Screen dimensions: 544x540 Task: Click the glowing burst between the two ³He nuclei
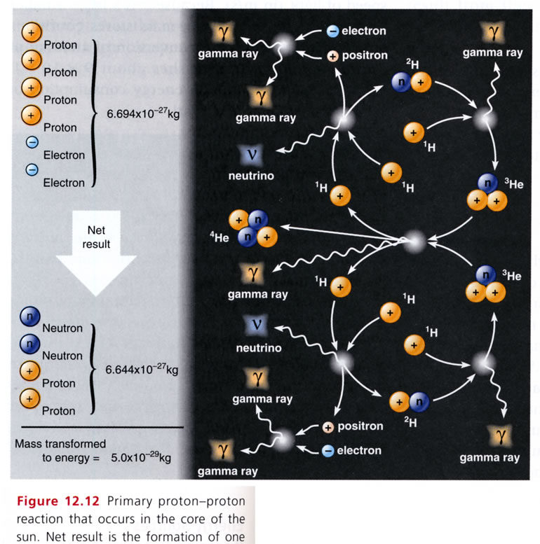click(x=415, y=243)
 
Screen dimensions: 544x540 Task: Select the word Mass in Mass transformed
click(x=29, y=444)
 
